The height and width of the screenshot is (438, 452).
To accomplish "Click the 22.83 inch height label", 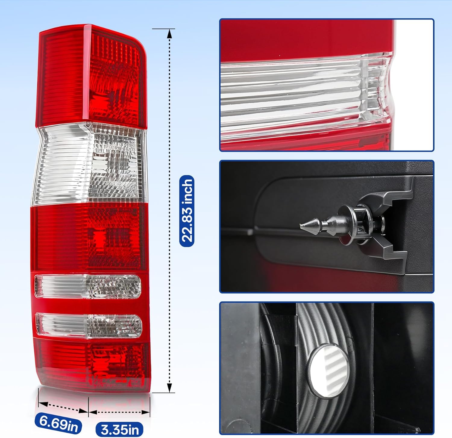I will [x=187, y=211].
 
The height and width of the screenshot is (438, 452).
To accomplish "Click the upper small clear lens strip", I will [x=88, y=286].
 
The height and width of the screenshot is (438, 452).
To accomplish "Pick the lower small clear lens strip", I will [x=89, y=325].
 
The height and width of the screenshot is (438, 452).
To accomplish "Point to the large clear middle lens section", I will [x=90, y=164].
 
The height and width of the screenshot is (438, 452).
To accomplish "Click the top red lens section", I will [x=90, y=75].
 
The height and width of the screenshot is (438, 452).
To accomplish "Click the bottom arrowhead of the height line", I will [x=169, y=389].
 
